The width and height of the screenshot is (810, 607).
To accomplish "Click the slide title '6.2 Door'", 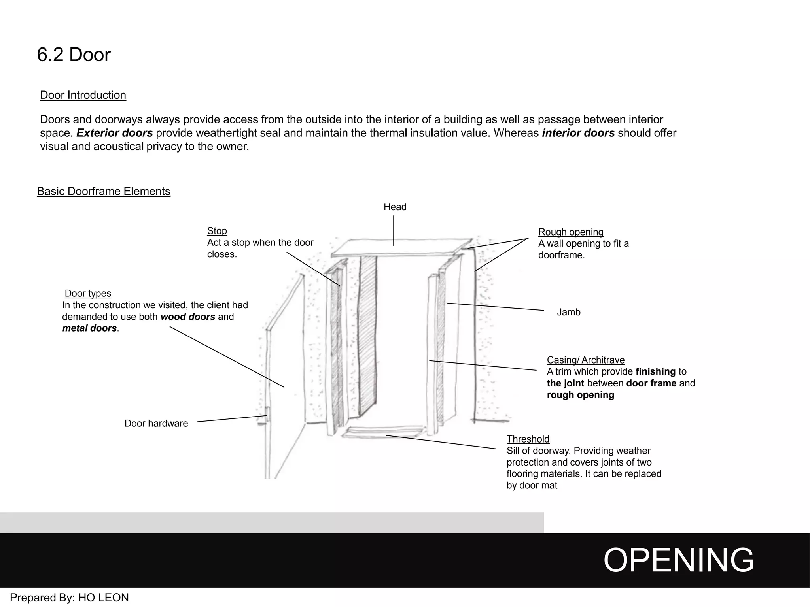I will (74, 55).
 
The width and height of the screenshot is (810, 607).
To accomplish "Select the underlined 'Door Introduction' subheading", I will (83, 95).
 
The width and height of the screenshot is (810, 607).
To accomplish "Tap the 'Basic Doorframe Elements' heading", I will (104, 191).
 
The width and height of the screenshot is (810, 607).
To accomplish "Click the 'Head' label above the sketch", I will (395, 207).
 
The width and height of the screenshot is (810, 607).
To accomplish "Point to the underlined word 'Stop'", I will (217, 231).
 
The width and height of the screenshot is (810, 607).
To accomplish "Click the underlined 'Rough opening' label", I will (571, 232).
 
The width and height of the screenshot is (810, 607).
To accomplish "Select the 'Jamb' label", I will (568, 312).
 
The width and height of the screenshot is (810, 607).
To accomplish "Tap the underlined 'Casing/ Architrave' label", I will (585, 360).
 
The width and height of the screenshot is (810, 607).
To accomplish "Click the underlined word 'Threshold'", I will (528, 439).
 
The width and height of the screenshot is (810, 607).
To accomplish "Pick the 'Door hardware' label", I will (156, 424).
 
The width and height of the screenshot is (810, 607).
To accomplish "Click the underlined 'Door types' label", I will (88, 293).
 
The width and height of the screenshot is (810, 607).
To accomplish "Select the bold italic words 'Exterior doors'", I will (114, 133).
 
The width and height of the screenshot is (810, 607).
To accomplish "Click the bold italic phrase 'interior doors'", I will (578, 133).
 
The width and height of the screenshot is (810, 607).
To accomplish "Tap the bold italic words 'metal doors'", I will (89, 328).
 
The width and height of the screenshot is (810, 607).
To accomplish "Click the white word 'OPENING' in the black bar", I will (678, 560).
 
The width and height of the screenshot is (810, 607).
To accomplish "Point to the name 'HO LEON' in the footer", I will (104, 598).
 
